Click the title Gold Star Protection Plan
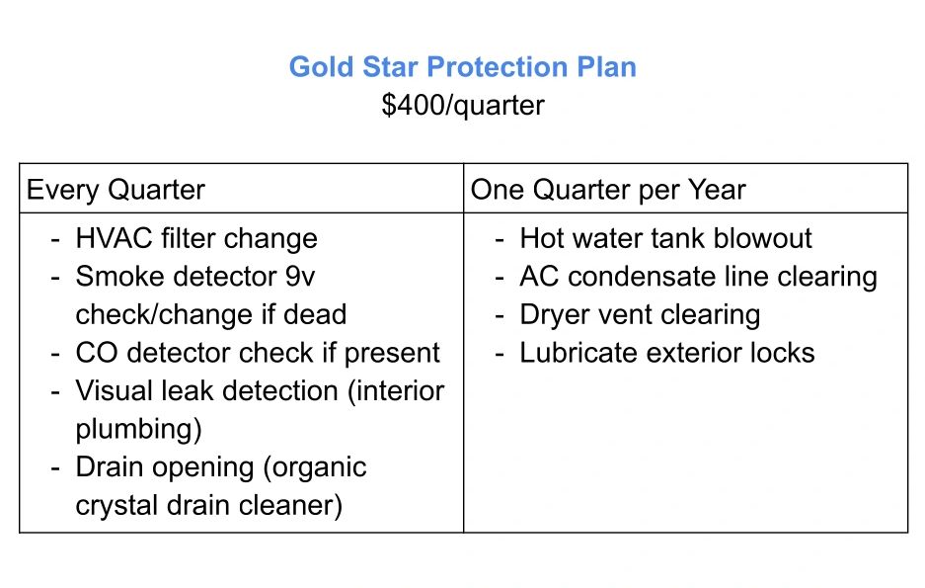(x=462, y=66)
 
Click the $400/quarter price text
(x=462, y=106)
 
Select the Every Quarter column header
(x=116, y=190)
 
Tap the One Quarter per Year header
(x=608, y=190)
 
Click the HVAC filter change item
(x=196, y=238)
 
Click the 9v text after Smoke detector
(x=300, y=277)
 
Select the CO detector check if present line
(x=258, y=353)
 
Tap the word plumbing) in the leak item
(x=138, y=429)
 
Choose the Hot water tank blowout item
(x=665, y=238)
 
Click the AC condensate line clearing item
(x=699, y=277)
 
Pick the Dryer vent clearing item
(x=640, y=314)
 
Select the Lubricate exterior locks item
(x=666, y=353)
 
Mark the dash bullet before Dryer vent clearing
(x=500, y=316)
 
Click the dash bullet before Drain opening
(x=55, y=468)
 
